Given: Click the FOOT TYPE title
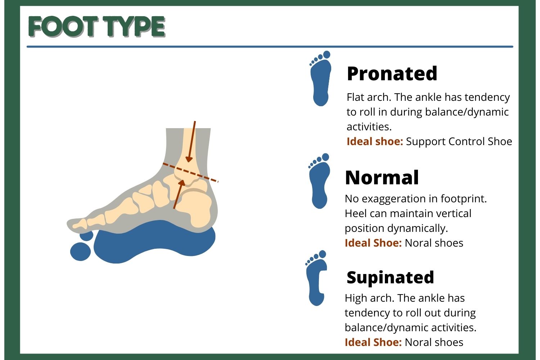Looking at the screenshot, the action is click(x=97, y=27).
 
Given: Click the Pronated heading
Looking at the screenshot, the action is click(x=392, y=73).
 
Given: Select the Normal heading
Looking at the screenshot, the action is click(x=382, y=178).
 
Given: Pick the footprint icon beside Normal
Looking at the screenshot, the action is click(x=319, y=181).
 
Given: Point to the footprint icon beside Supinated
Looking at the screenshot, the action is click(x=316, y=278).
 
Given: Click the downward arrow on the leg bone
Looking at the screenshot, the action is click(x=192, y=141).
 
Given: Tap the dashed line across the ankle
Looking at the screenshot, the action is click(x=190, y=172).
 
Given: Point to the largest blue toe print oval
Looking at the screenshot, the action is click(x=81, y=252).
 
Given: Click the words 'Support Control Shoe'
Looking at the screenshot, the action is click(x=459, y=141).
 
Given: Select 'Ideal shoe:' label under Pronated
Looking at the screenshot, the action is click(x=375, y=141).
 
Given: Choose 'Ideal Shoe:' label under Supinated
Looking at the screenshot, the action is click(x=373, y=342).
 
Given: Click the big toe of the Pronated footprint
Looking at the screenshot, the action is click(x=327, y=54).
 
